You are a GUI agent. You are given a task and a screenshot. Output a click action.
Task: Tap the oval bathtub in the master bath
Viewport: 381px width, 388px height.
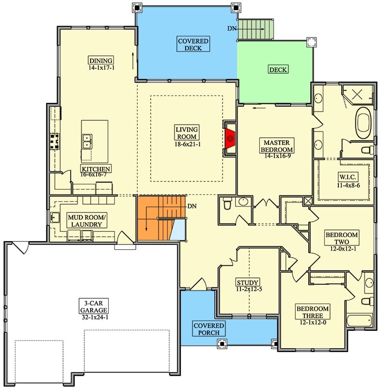click(x=364, y=124)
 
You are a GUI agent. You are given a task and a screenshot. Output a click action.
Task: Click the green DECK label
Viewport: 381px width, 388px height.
click(x=278, y=69)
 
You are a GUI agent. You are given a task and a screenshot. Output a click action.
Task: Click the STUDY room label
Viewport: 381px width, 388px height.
click(x=248, y=282)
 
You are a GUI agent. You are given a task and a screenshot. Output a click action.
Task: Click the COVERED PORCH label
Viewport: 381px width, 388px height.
click(x=208, y=329)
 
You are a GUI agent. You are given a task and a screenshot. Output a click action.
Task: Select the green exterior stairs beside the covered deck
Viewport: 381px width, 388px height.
click(x=256, y=29)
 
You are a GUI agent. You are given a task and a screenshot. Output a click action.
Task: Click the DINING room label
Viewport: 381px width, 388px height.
click(x=101, y=64)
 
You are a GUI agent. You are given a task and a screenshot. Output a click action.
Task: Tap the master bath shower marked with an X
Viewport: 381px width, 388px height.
click(x=359, y=95)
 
